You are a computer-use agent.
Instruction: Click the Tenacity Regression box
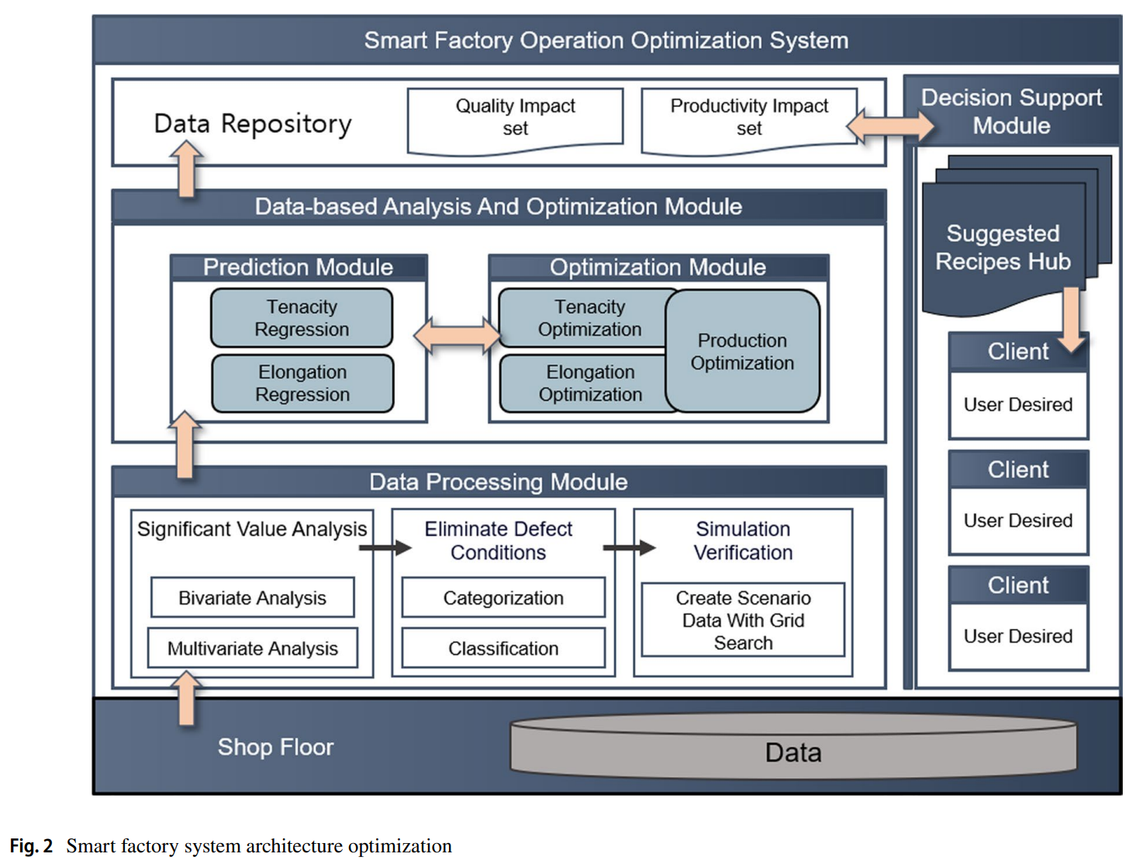point(302,318)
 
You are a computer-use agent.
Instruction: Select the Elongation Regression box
point(302,383)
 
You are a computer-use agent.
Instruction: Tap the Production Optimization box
point(742,351)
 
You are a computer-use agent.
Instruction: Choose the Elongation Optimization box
point(583,383)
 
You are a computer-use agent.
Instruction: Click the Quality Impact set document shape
point(515,118)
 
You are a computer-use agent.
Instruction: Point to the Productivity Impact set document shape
point(749,118)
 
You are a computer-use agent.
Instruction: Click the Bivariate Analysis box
point(252,598)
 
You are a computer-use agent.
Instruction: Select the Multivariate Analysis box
point(252,648)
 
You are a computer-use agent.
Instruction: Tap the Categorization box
point(503,598)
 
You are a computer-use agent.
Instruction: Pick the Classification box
point(503,648)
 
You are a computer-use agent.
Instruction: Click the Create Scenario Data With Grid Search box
point(743,620)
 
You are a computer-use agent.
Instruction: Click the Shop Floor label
point(275,747)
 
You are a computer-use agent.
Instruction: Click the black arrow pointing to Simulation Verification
point(629,548)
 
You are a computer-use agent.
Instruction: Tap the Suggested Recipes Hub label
point(1003,247)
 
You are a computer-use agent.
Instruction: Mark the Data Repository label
point(253,123)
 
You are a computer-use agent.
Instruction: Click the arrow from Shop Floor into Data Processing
point(186,698)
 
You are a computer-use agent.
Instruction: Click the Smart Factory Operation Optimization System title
point(606,40)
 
